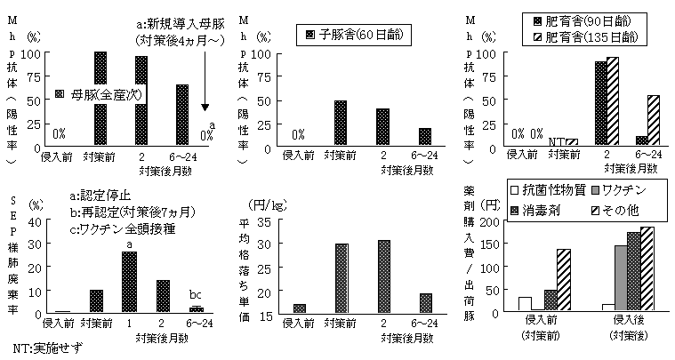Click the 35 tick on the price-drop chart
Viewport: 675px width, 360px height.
pos(288,220)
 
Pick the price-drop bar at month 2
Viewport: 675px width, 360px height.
pos(384,276)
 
